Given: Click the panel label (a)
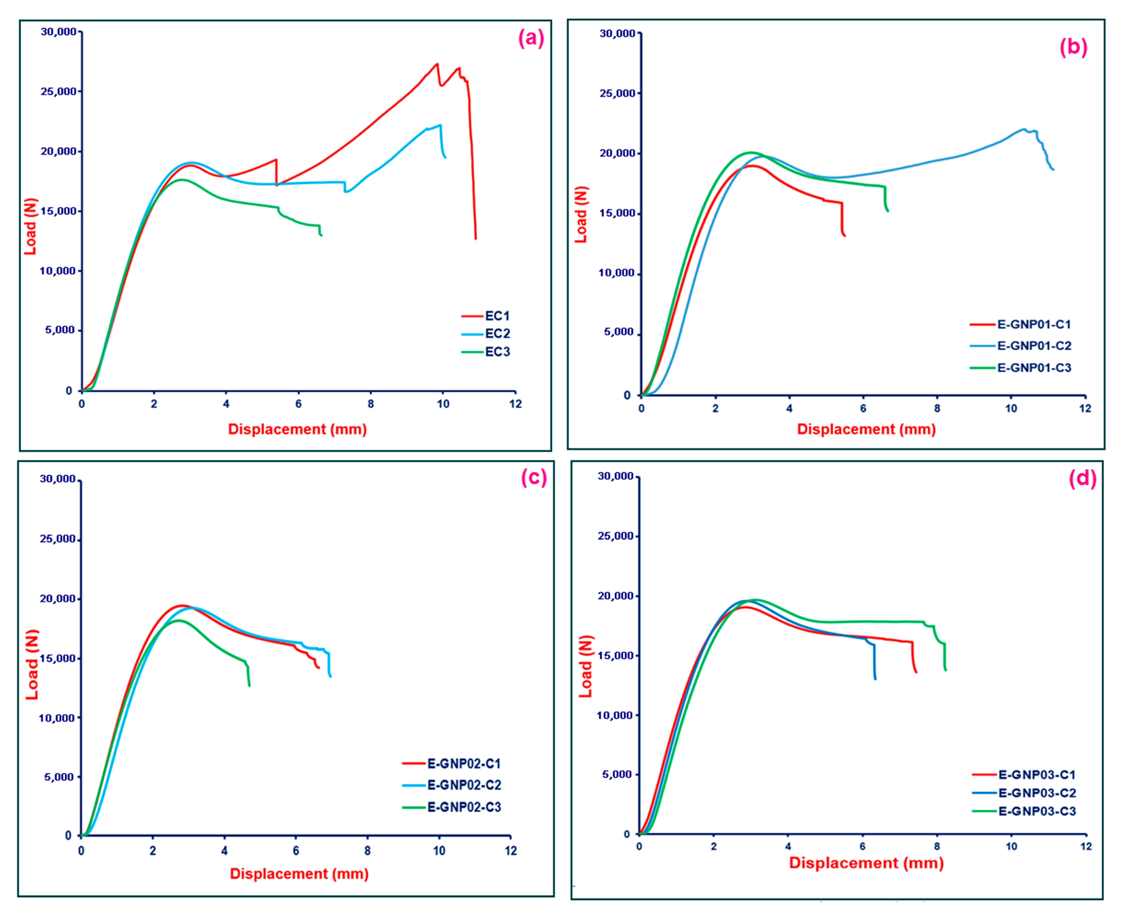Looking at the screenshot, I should [530, 38].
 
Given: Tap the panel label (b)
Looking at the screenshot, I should [1073, 47].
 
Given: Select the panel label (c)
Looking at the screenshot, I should [534, 477].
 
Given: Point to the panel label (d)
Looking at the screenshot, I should [1082, 478].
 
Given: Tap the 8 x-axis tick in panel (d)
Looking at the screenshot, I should [937, 847].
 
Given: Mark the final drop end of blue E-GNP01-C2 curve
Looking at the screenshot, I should [1053, 170].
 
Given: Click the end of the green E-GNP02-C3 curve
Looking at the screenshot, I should [250, 686].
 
